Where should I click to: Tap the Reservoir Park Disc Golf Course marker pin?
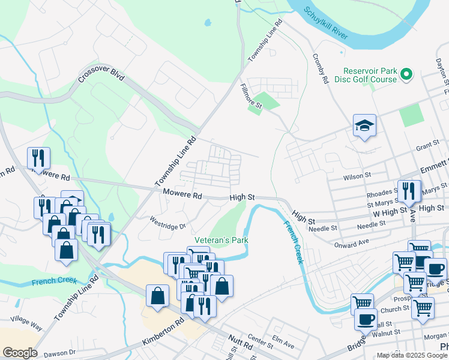[x=406, y=74]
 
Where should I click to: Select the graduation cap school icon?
[x=364, y=126]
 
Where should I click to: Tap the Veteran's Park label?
[x=221, y=240]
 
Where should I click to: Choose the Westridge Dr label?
[x=168, y=223]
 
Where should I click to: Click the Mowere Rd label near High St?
[x=182, y=194]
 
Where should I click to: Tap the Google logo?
[x=19, y=353]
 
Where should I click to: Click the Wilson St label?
[x=358, y=177]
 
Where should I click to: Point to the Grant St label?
[x=428, y=146]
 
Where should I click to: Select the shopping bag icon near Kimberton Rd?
[x=157, y=296]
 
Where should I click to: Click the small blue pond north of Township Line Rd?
[x=208, y=23]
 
